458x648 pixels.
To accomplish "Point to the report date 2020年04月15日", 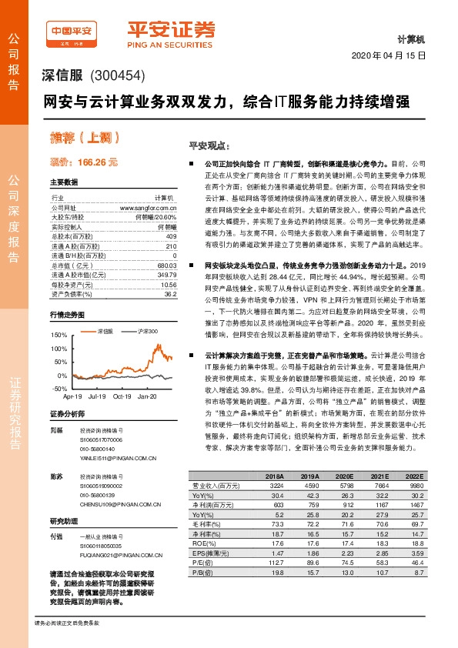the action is coord(388,57).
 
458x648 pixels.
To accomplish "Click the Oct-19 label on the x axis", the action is coord(122,396).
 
